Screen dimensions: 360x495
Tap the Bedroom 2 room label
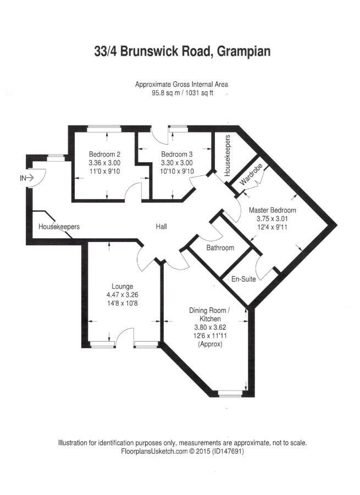pyautogui.click(x=104, y=155)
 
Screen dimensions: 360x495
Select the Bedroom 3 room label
pyautogui.click(x=176, y=155)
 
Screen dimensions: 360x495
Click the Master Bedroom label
pyautogui.click(x=273, y=210)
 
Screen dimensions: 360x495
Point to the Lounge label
pyautogui.click(x=123, y=287)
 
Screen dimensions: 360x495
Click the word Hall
pyautogui.click(x=161, y=227)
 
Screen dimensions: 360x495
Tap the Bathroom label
pyautogui.click(x=220, y=248)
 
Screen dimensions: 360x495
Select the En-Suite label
pyautogui.click(x=243, y=279)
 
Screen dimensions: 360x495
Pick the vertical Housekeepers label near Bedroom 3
pyautogui.click(x=227, y=155)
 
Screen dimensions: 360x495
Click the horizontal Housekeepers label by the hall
pyautogui.click(x=59, y=227)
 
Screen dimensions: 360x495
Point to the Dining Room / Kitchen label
pyautogui.click(x=209, y=315)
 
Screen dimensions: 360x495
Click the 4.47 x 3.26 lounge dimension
pyautogui.click(x=123, y=295)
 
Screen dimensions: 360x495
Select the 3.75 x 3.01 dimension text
pyautogui.click(x=273, y=218)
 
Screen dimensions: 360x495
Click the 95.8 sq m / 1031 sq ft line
pyautogui.click(x=182, y=93)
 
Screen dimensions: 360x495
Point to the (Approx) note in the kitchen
pyautogui.click(x=210, y=344)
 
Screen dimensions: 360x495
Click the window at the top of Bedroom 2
pyautogui.click(x=104, y=129)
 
